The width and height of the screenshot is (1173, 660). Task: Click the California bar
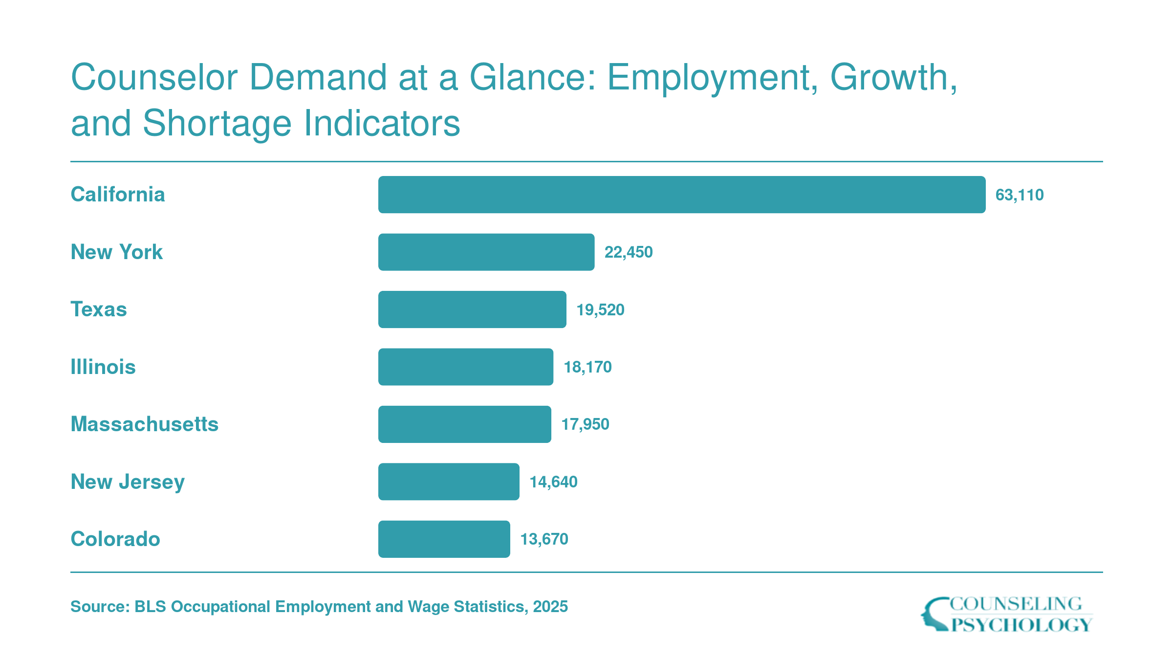(x=682, y=195)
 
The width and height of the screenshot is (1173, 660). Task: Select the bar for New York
(x=486, y=252)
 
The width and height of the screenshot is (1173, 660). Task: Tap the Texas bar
(x=472, y=309)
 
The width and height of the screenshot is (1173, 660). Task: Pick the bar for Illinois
(x=466, y=367)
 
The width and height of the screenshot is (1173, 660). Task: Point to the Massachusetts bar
(x=465, y=424)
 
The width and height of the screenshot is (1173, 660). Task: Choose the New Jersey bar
(x=449, y=482)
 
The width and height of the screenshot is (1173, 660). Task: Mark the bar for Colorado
(x=444, y=539)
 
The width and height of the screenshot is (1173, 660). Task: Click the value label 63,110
(x=1020, y=195)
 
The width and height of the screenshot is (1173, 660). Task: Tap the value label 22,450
(x=629, y=252)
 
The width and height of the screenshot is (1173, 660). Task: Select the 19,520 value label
(x=601, y=310)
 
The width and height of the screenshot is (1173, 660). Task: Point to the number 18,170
(x=588, y=367)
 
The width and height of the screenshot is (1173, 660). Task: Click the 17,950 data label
(x=586, y=424)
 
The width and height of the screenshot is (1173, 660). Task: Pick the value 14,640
(x=554, y=482)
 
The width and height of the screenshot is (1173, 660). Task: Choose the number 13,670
(x=544, y=539)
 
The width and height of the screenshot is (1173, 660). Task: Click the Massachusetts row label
(x=145, y=424)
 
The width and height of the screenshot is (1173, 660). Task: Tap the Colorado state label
(x=115, y=539)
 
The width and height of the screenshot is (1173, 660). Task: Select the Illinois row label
(x=103, y=367)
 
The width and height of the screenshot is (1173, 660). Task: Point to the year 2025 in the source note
(x=550, y=607)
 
